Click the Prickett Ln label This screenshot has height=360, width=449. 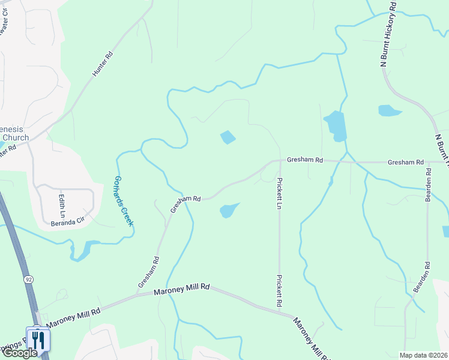(x=279, y=193)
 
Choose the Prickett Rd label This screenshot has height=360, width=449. (x=279, y=291)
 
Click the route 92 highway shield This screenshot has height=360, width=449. (x=28, y=280)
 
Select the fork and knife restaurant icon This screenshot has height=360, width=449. (x=38, y=340)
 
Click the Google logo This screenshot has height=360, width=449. (x=19, y=353)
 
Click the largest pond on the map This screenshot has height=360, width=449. (x=336, y=125)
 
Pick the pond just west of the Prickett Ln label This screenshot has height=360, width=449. (x=229, y=210)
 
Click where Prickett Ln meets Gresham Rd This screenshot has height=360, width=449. (x=280, y=160)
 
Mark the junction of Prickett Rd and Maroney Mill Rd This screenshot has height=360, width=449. (x=280, y=311)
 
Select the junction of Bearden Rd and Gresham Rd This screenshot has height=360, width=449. (x=427, y=162)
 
